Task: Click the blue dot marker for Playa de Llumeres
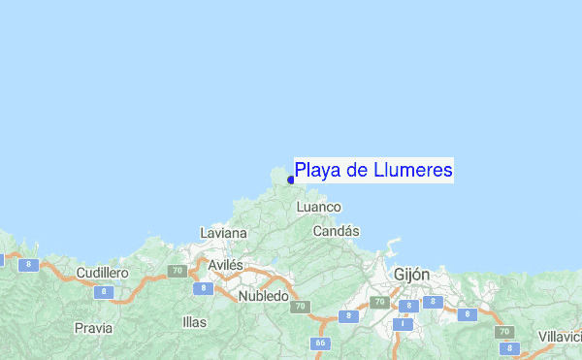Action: [x=291, y=180]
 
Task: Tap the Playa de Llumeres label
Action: [x=373, y=171]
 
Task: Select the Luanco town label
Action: [x=319, y=207]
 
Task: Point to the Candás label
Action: [x=337, y=231]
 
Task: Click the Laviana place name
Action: [x=223, y=233]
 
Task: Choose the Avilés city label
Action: [x=225, y=264]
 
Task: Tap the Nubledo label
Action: [x=263, y=295]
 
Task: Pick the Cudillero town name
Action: [x=102, y=273]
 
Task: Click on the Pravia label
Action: [x=93, y=328]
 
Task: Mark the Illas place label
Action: [x=194, y=321]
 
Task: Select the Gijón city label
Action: [x=411, y=275]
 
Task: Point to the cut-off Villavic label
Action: [x=560, y=336]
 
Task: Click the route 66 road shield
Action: [x=319, y=344]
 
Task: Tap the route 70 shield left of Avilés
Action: [x=177, y=272]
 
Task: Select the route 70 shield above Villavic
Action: [x=503, y=332]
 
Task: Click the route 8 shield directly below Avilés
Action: [x=202, y=288]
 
